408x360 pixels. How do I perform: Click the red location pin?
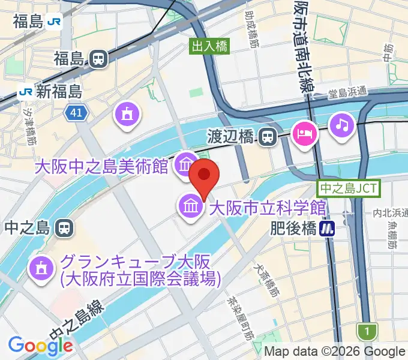point(204,175)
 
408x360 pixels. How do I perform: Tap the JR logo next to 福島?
point(55,22)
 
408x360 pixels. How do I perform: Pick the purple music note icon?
point(342,124)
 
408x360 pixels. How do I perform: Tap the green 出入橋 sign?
point(210,46)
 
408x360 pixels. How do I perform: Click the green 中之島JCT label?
point(349,188)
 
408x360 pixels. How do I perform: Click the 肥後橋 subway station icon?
point(327,228)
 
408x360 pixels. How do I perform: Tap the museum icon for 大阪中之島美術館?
point(184,163)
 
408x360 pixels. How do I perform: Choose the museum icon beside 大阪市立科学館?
point(191,208)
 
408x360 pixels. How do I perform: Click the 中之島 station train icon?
point(64,227)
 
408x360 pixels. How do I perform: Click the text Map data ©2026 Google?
point(335,351)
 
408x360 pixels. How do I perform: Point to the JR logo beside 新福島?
point(25,92)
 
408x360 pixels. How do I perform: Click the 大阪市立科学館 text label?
point(267,208)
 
